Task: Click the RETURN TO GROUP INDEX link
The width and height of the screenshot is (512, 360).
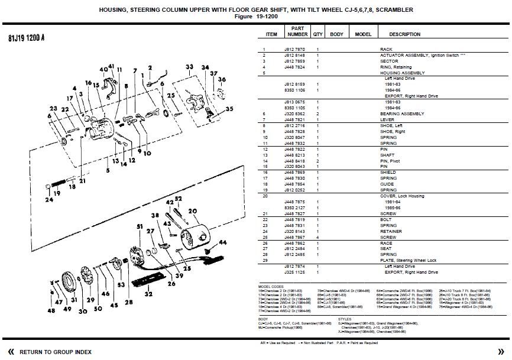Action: (x=55, y=352)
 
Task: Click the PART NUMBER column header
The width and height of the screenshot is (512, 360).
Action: (x=297, y=31)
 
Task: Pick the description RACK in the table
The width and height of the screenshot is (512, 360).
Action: (x=385, y=49)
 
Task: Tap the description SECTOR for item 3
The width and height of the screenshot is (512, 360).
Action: (x=388, y=61)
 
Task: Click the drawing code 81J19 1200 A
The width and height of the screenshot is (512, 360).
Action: (x=27, y=38)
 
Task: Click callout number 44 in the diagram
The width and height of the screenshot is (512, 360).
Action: (x=223, y=242)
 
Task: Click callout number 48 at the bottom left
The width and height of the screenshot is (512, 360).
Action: (x=51, y=310)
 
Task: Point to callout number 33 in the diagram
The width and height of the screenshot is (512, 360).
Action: (x=190, y=66)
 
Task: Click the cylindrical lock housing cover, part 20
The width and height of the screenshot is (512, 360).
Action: (x=195, y=234)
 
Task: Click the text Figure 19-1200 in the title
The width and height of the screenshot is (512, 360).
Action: (x=255, y=17)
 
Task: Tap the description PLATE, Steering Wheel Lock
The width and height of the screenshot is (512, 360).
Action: (x=408, y=260)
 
